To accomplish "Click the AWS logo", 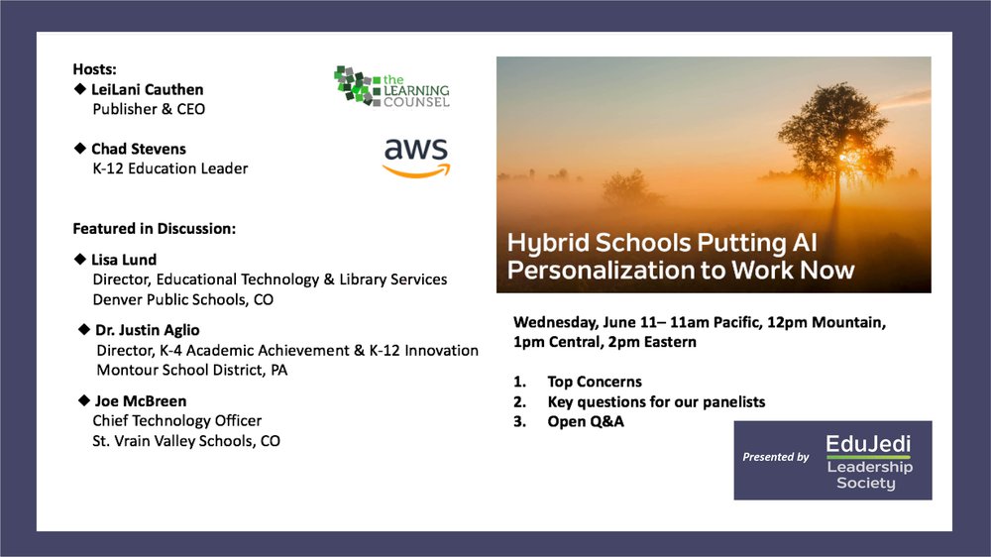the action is [416, 158].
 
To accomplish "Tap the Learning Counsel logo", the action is [391, 86].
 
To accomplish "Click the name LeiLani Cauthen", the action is [148, 90].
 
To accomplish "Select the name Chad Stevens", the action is [139, 150].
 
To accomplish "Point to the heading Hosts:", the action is [95, 69].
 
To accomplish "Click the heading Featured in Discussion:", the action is [155, 229].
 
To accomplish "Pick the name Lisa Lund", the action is [124, 260].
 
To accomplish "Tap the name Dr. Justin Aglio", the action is [148, 330].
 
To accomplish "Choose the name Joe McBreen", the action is [141, 401].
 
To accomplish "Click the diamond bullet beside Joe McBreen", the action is [83, 400].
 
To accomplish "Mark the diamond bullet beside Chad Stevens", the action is [79, 148].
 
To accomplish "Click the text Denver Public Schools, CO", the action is [183, 299].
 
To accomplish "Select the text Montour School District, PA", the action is [192, 370].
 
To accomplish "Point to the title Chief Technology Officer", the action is [177, 421].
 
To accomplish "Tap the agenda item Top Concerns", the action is [595, 382].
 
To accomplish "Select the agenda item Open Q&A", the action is [586, 421].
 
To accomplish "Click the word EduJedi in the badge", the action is [868, 444].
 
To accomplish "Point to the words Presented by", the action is [776, 457].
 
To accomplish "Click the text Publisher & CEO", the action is [150, 109].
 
